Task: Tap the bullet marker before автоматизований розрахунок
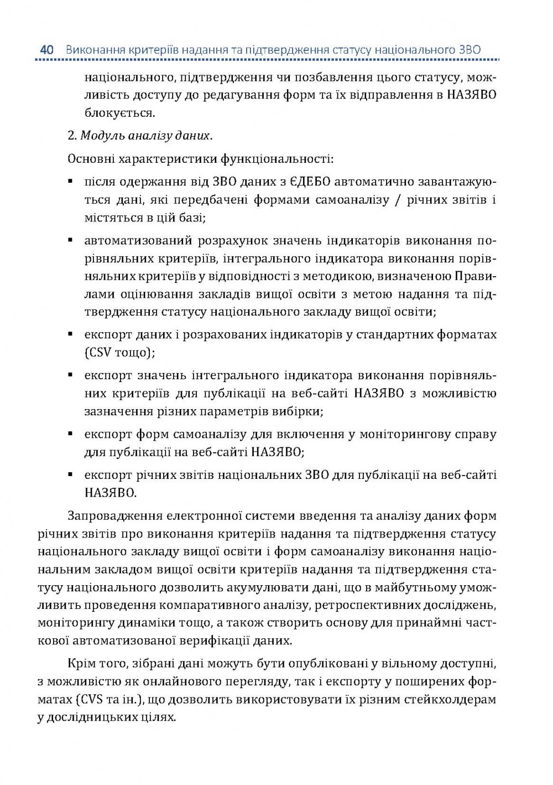71,240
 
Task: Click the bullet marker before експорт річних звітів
71,475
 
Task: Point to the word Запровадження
113,517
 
